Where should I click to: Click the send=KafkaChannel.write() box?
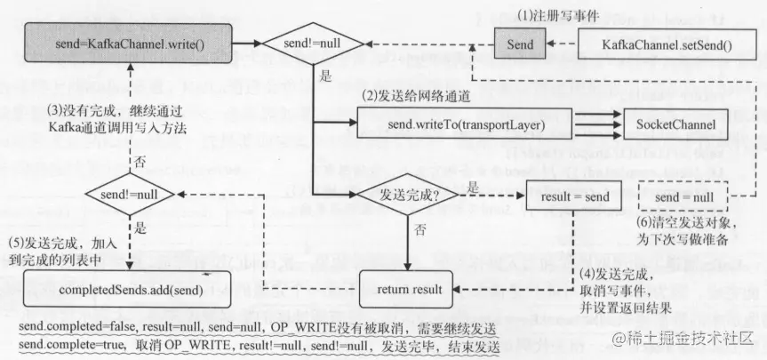point(129,43)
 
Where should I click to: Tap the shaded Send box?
point(519,43)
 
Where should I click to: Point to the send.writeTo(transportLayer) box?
point(465,124)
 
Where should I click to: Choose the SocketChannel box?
point(676,124)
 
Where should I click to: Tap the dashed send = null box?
point(685,193)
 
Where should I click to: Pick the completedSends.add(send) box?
point(129,290)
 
